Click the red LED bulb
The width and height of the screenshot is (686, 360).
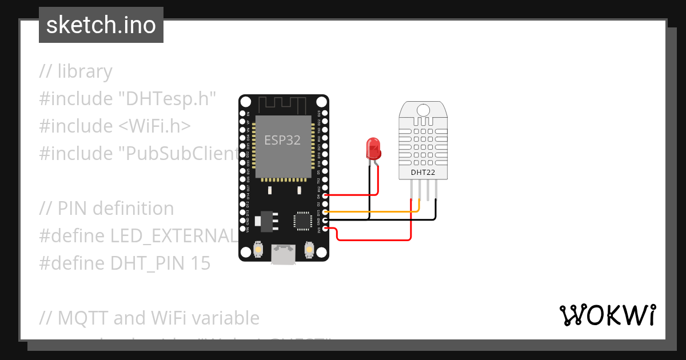(x=373, y=149)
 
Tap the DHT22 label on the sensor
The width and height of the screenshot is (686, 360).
(x=423, y=172)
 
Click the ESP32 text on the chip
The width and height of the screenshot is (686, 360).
(x=282, y=139)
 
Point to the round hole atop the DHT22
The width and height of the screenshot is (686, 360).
(x=423, y=109)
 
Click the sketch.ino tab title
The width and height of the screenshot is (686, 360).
(x=101, y=25)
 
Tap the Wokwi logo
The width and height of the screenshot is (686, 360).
(x=607, y=315)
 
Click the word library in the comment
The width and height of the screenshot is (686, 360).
(x=85, y=71)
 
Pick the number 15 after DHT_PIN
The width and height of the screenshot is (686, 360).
(x=200, y=263)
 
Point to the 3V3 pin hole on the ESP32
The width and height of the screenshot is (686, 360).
(x=325, y=229)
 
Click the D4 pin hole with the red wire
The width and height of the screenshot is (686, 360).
(x=325, y=195)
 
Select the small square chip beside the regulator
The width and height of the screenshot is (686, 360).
(x=301, y=220)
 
